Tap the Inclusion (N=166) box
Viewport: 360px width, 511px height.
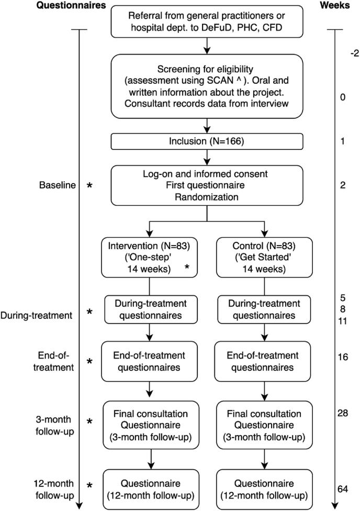coord(207,141)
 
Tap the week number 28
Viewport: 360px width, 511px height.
coord(343,414)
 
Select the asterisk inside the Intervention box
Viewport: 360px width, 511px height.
coord(186,268)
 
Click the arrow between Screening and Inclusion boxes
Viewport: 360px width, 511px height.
coord(207,125)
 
